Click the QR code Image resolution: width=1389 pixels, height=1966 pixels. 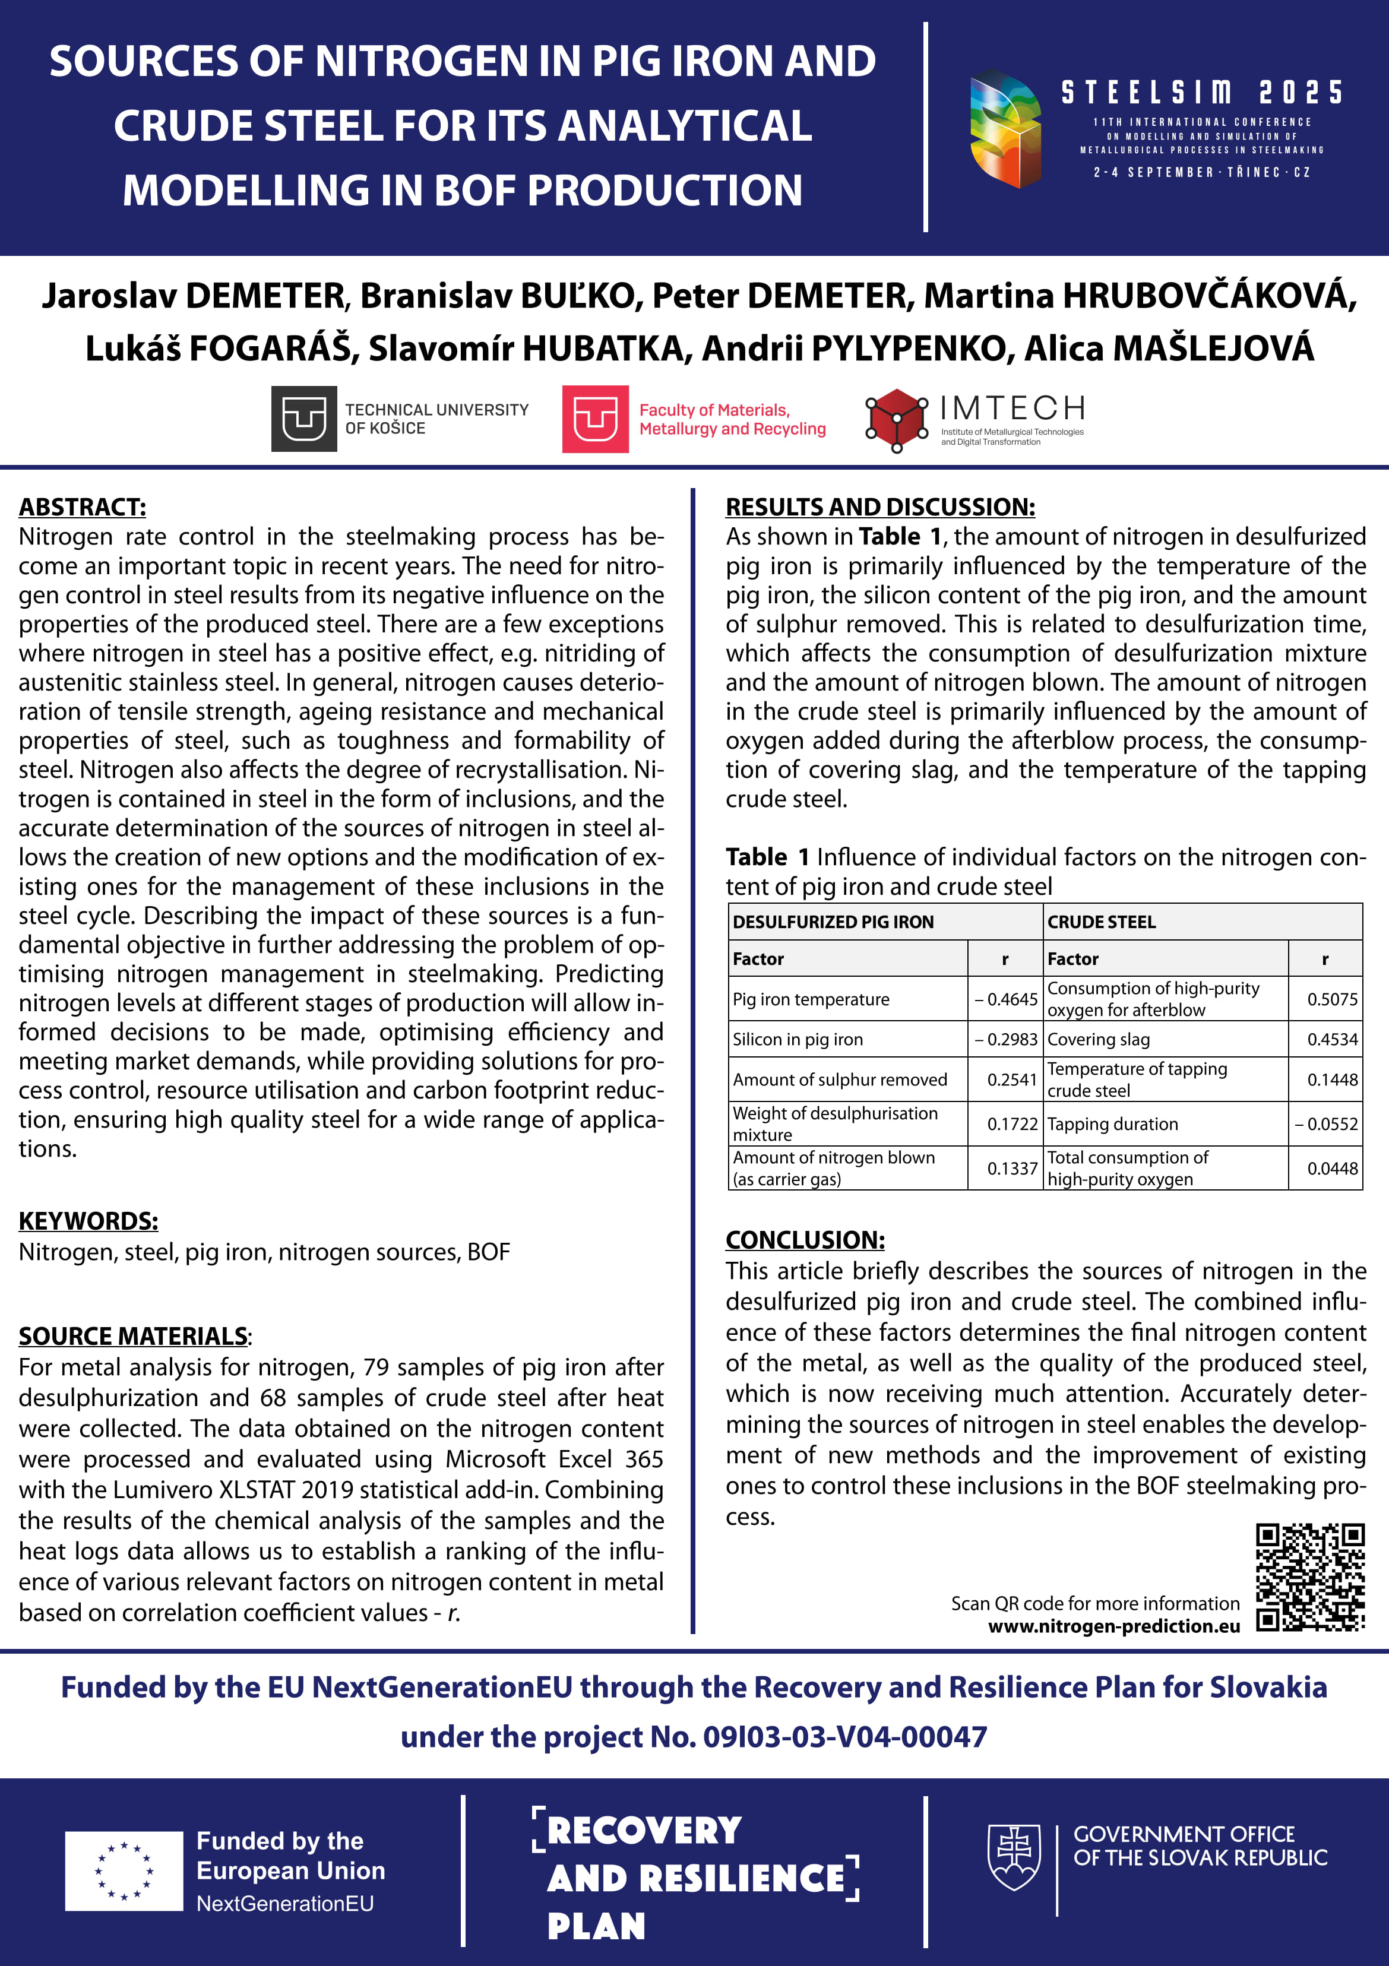[1309, 1576]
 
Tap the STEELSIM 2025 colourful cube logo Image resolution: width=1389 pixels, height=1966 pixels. [1005, 128]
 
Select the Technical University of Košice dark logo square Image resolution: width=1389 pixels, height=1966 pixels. [304, 419]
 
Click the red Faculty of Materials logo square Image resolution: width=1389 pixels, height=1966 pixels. [595, 419]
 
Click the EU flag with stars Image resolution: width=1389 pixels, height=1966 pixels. [124, 1871]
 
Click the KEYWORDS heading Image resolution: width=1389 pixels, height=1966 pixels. [88, 1220]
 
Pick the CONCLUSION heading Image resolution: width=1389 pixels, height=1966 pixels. [805, 1239]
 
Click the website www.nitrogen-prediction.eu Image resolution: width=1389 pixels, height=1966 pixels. [1114, 1626]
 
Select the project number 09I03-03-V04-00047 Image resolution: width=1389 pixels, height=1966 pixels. [844, 1737]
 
